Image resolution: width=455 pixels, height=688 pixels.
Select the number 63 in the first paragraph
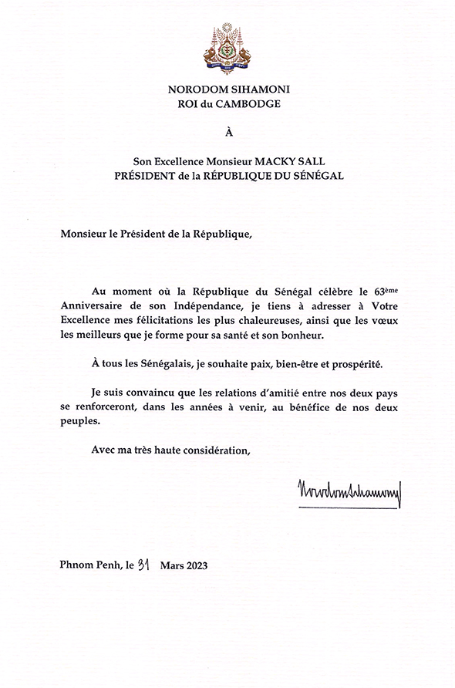point(381,292)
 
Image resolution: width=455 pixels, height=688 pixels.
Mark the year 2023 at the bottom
point(193,565)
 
